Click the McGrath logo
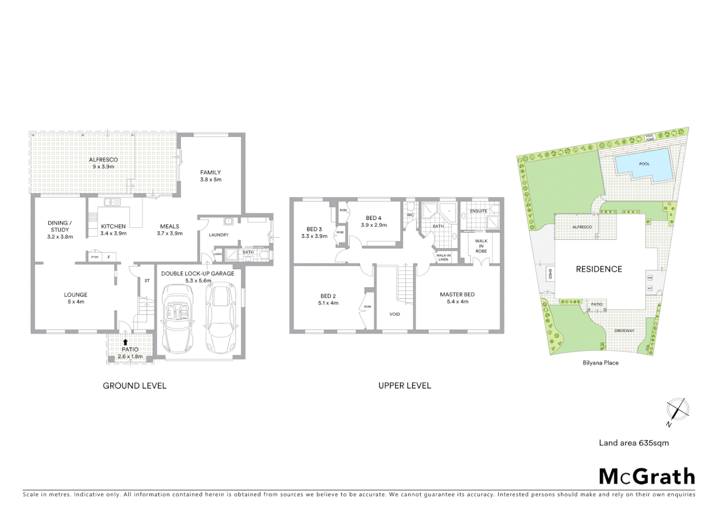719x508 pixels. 647,476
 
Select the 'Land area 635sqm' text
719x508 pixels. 633,443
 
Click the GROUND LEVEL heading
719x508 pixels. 135,386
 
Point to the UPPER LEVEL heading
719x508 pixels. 405,386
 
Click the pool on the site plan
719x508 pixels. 644,164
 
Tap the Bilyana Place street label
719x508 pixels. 600,363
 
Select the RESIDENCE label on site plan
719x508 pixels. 599,269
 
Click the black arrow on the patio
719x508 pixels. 126,342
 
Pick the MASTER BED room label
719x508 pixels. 457,294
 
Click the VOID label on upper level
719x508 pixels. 395,314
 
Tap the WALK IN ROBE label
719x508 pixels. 481,246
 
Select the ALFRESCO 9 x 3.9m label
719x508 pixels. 104,163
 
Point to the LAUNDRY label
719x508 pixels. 219,235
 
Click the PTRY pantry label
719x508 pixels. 95,257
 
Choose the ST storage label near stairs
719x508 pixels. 147,281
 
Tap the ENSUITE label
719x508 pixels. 479,211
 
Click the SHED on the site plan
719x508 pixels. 550,274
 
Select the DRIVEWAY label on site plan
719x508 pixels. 624,331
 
